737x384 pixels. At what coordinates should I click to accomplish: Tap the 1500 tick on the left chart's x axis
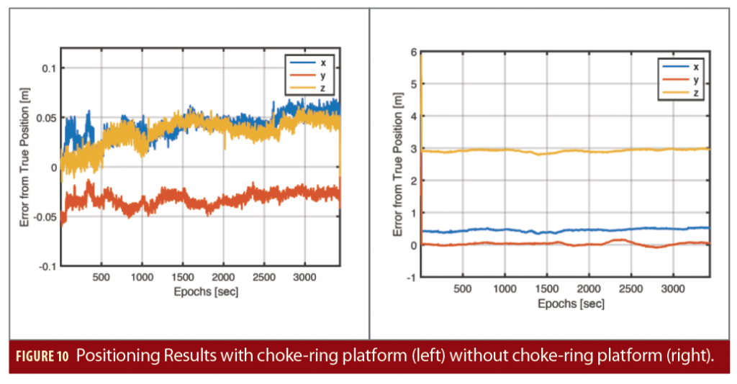183,276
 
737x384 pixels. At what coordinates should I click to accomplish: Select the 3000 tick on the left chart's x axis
305,276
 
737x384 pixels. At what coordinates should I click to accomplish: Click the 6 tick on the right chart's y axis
413,52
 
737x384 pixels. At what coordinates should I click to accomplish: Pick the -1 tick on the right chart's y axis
411,278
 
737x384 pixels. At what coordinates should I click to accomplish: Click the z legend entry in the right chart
696,93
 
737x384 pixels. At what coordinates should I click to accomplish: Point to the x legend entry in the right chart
696,67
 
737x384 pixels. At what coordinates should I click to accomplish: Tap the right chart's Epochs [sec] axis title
571,303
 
